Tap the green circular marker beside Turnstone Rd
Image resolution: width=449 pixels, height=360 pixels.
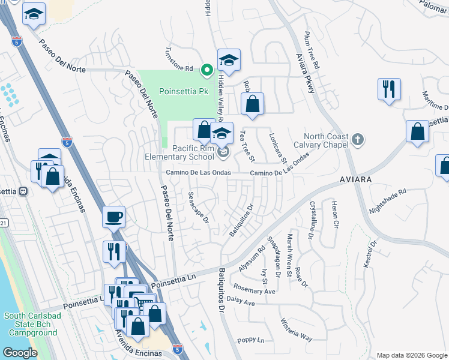[207, 70]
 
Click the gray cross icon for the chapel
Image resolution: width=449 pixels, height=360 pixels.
[358, 140]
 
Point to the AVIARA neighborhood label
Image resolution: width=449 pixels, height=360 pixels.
[355, 179]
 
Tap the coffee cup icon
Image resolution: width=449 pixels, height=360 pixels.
[113, 217]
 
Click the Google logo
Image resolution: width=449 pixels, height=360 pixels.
[20, 353]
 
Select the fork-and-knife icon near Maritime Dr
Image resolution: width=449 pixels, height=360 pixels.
[389, 89]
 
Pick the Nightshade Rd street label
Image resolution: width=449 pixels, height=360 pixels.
[388, 201]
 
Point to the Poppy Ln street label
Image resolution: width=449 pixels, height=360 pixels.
[251, 340]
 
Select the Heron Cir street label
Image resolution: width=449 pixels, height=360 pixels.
[335, 214]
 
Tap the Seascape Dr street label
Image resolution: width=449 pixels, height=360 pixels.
[197, 208]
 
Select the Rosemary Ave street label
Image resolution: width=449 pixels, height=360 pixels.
[255, 291]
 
